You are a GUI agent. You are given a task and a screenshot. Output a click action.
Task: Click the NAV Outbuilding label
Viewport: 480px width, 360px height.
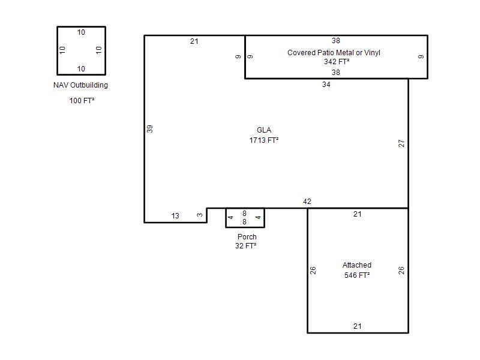(80, 85)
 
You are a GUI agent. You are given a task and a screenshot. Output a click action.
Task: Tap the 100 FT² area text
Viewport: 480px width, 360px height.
(82, 100)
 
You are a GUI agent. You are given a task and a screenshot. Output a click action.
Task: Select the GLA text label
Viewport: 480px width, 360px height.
(264, 130)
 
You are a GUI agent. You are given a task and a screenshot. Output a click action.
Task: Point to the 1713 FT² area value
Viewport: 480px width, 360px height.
(264, 140)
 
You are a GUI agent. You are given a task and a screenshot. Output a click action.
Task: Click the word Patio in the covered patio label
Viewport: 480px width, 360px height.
(326, 53)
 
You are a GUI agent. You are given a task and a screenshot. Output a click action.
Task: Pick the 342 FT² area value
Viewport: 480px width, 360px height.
(337, 62)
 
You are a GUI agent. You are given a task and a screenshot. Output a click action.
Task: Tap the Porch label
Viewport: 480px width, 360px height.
(247, 237)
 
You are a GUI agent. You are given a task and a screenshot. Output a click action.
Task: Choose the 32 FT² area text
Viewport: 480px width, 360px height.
(246, 246)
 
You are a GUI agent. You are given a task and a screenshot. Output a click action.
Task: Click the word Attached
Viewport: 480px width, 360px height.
(357, 265)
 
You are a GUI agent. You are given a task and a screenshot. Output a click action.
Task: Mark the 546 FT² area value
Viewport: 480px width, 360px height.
(357, 275)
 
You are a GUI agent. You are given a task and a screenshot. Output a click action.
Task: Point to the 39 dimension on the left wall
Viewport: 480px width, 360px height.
(149, 129)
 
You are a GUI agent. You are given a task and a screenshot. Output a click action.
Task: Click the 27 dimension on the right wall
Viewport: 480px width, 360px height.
(401, 143)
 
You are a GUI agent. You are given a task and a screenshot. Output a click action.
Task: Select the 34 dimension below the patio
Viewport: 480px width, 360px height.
(326, 85)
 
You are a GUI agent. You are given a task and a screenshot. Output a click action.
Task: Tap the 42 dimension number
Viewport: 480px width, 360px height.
(307, 202)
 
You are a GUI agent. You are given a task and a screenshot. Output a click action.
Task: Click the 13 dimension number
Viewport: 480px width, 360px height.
(175, 216)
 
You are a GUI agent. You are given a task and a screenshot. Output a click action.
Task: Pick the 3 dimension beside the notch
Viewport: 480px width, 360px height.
(200, 215)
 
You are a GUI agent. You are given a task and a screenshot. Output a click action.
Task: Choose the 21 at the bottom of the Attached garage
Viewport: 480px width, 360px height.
(357, 326)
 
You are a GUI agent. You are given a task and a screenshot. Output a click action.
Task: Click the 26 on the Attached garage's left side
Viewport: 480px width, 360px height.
(313, 271)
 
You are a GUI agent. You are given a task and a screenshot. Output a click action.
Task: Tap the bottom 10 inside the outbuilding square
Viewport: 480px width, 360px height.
(81, 69)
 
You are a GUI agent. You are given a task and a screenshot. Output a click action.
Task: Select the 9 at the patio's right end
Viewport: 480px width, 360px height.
(421, 56)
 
